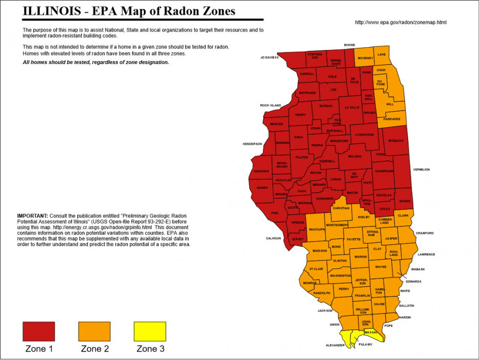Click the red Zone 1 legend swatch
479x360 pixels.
(39, 331)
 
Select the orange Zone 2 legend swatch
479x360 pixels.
(94, 331)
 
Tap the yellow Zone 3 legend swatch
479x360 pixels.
(150, 331)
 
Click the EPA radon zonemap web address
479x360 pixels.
(400, 22)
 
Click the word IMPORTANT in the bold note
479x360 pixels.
(32, 216)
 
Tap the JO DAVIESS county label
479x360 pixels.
(269, 57)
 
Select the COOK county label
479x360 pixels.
(381, 70)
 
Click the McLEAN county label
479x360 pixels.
(354, 157)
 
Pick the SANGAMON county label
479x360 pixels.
(325, 199)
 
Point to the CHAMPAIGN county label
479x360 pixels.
(384, 171)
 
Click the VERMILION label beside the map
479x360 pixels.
(421, 169)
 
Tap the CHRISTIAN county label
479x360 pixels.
(341, 208)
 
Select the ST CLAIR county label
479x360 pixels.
(316, 269)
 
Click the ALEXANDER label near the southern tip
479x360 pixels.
(336, 345)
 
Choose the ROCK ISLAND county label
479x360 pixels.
(270, 105)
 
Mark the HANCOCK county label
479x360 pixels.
(261, 171)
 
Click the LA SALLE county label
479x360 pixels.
(352, 107)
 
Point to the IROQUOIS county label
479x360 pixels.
(396, 141)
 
